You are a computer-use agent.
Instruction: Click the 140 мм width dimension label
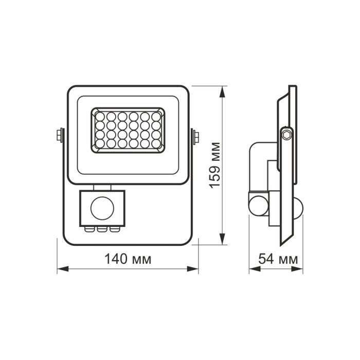tap(128, 259)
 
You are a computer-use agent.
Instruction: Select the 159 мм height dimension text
tap(215, 164)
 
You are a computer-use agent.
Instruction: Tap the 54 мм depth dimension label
tap(278, 259)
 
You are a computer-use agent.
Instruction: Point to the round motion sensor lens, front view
tap(101, 208)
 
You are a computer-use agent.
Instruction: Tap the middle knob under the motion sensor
tap(101, 229)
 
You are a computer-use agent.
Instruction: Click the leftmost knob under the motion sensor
tap(91, 229)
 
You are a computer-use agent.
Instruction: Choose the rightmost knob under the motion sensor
tap(112, 229)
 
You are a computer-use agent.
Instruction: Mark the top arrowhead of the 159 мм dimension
tap(222, 91)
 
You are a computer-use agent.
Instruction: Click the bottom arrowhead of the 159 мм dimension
tap(222, 241)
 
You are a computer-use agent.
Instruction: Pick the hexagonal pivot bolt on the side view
tap(286, 135)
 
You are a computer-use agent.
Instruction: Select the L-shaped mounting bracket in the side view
tap(257, 165)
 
